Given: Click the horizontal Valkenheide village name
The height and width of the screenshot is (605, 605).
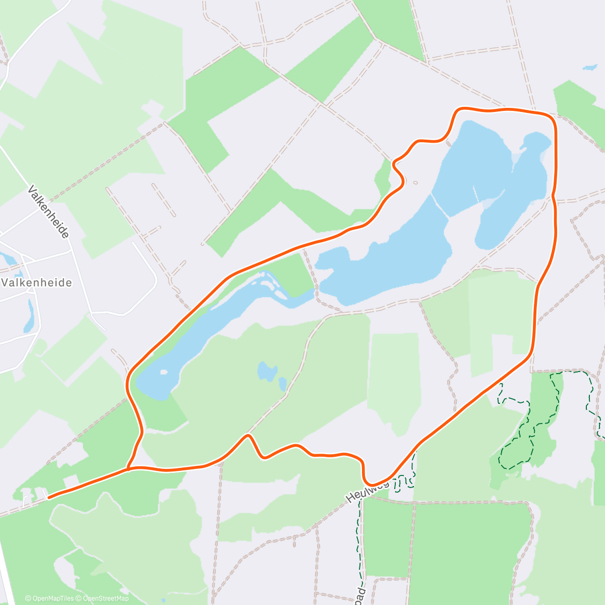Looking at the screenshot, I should coord(37,282).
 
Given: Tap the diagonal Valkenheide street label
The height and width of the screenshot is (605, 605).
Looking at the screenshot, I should coord(48,212).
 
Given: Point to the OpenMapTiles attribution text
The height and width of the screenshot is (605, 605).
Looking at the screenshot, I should coord(49,598).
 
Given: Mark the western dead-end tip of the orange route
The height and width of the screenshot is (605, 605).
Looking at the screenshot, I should coord(48,498).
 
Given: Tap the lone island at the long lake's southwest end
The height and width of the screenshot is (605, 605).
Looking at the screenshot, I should coord(163,373).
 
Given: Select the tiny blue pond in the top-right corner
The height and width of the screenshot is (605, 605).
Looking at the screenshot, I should coord(589,67).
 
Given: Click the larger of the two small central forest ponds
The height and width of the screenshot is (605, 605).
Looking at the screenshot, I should coord(267,372).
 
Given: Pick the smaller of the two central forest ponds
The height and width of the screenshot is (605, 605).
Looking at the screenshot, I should coord(283,385).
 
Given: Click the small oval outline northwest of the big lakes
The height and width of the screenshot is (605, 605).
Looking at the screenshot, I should coord(415,183).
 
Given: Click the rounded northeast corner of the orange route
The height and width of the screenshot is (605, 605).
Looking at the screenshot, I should coord(551,117).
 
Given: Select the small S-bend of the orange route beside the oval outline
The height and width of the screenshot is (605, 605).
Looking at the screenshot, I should coord(398,171).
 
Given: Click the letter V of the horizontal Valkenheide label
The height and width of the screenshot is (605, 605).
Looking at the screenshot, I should coord(5,282).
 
